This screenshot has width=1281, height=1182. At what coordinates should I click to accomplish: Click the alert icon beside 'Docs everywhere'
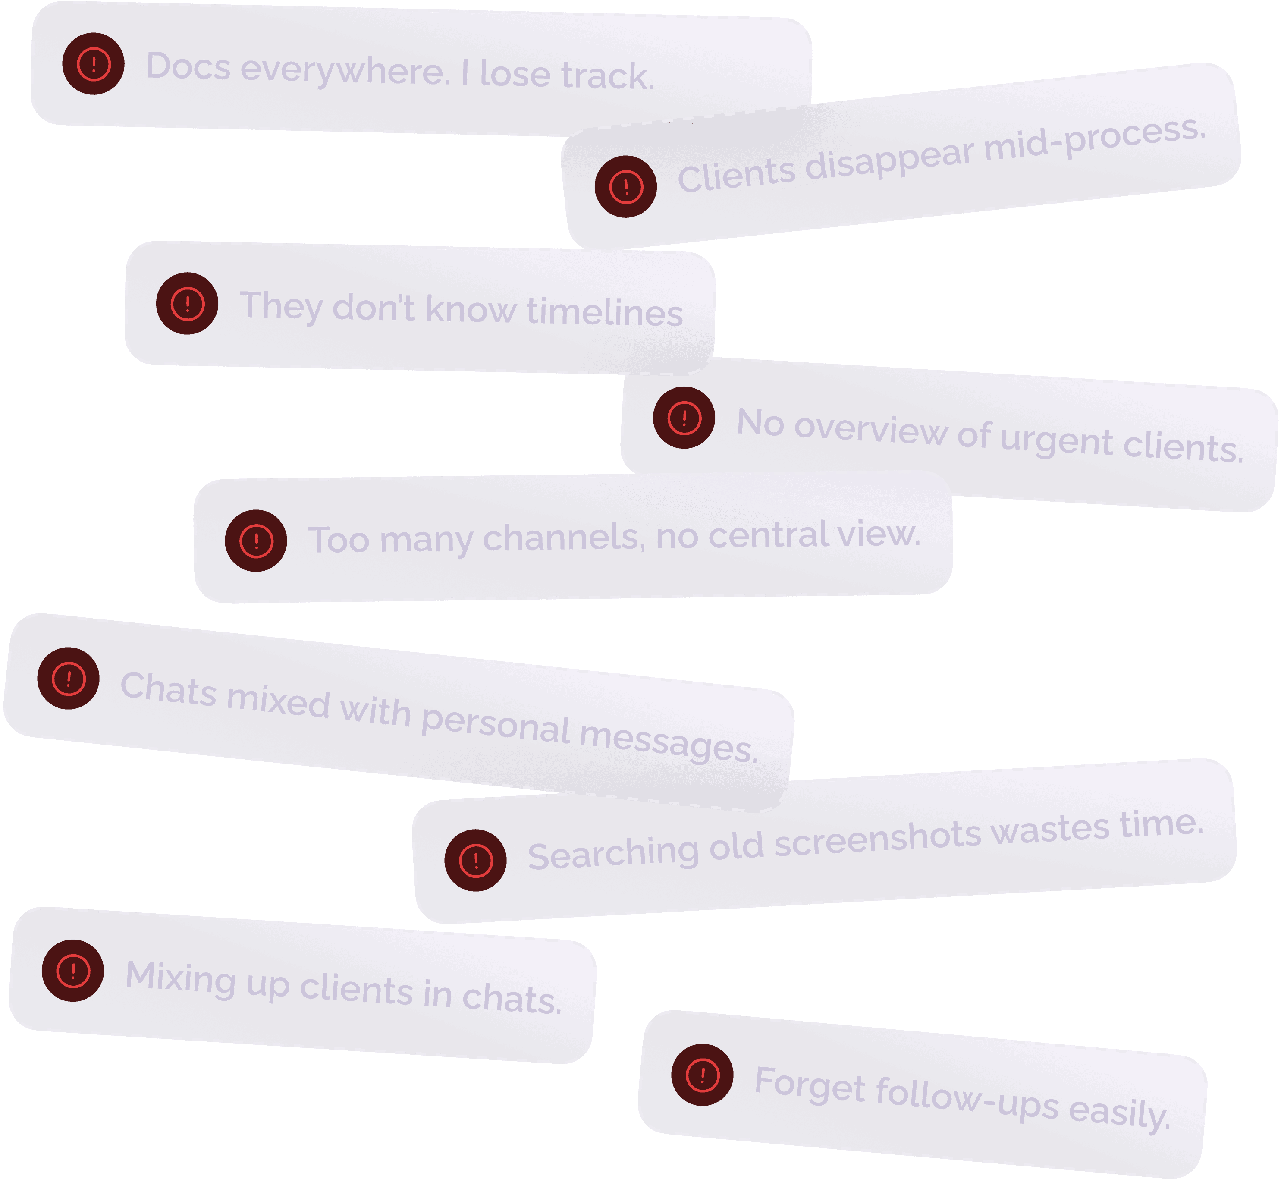[93, 64]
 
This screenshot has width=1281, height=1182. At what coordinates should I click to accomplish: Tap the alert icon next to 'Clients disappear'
[625, 187]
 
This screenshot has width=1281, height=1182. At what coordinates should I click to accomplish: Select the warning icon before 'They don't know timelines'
[187, 303]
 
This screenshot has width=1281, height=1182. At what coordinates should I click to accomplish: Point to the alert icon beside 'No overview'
[684, 418]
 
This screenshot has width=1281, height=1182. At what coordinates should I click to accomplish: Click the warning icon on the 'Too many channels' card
[256, 541]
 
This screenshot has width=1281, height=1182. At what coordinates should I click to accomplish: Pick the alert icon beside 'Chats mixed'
[69, 678]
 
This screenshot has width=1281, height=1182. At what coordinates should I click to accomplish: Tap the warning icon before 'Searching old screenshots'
[475, 860]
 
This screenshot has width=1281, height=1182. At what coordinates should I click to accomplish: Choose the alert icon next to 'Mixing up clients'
[73, 970]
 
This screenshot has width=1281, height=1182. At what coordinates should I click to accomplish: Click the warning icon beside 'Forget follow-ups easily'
[702, 1075]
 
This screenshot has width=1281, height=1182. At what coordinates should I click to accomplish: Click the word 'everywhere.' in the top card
[345, 70]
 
